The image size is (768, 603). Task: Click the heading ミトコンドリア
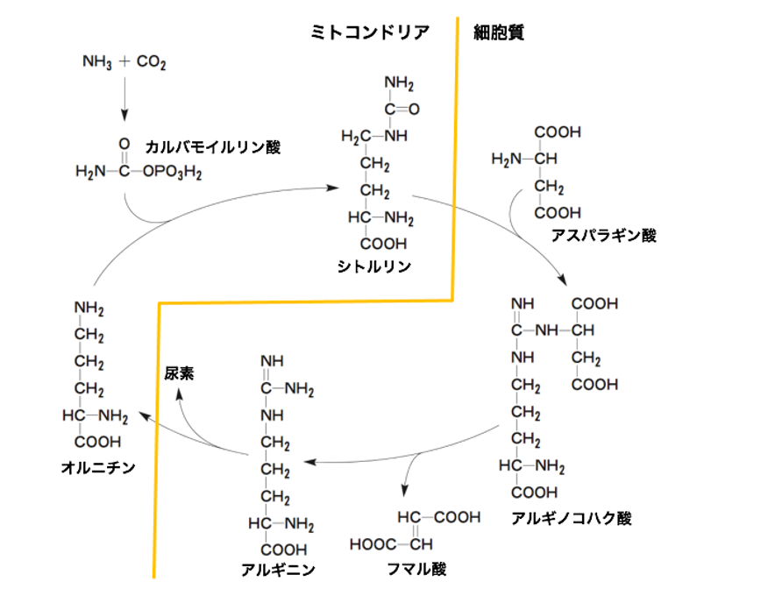tap(371, 33)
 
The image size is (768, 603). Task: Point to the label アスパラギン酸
tap(603, 234)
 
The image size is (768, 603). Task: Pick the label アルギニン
tap(278, 570)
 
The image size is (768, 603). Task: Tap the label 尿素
tap(180, 373)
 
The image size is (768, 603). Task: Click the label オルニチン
tap(98, 467)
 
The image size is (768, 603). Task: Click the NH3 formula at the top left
tap(96, 62)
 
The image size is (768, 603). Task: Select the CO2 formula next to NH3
tap(152, 62)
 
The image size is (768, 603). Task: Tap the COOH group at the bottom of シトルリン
tap(384, 244)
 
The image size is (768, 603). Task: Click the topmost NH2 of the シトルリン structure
tap(398, 83)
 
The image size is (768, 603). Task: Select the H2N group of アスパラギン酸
tap(507, 159)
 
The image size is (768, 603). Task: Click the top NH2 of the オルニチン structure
tap(89, 308)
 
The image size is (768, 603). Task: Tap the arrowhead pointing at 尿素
tap(179, 394)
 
